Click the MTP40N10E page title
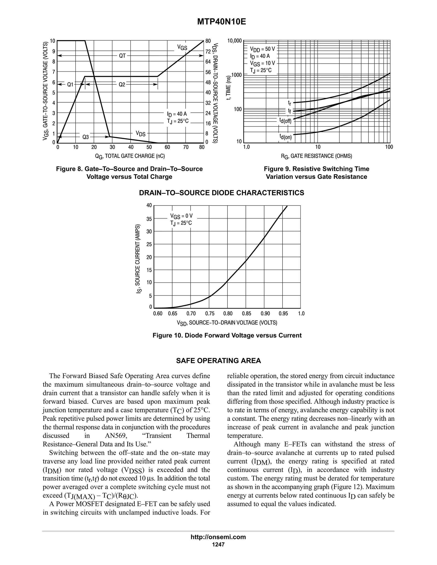(221, 22)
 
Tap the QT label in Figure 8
(122, 56)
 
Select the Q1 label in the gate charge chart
(70, 84)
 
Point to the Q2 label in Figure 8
(122, 84)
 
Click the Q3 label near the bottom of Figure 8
(85, 137)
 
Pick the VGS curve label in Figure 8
(182, 47)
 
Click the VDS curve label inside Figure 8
(141, 133)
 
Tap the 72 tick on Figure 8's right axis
(208, 51)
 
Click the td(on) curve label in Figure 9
(285, 136)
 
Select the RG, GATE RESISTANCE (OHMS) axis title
(316, 156)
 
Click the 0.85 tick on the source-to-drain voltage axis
(246, 314)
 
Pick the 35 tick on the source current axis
(149, 219)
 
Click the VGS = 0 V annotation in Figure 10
(181, 216)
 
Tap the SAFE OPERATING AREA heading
(218, 361)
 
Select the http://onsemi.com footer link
(218, 537)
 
